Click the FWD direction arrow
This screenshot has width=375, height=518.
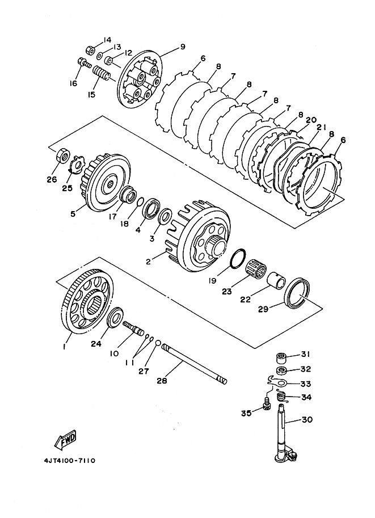click(x=65, y=441)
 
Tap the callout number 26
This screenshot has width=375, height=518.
click(x=52, y=179)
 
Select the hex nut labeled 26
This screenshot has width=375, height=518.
click(x=63, y=155)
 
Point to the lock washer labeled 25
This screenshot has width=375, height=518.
click(x=76, y=164)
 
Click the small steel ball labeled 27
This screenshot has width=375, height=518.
click(x=158, y=343)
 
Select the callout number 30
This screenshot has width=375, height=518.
click(x=306, y=419)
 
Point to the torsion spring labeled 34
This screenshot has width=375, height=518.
click(x=281, y=397)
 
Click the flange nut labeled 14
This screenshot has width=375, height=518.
click(x=89, y=50)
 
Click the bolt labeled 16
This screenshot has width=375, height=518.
click(x=85, y=63)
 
